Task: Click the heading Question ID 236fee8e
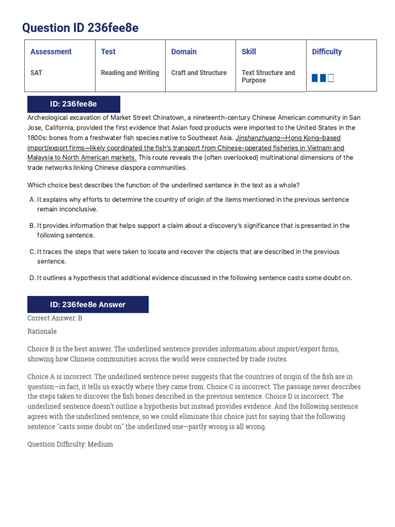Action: click(x=81, y=28)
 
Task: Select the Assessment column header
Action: click(x=51, y=51)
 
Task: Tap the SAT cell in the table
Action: click(x=37, y=73)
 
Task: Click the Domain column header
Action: click(x=184, y=51)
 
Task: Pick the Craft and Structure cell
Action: click(x=199, y=73)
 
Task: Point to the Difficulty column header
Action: click(x=327, y=51)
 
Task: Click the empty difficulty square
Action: click(x=331, y=78)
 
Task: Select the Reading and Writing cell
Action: click(x=130, y=73)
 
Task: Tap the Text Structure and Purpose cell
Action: click(x=268, y=77)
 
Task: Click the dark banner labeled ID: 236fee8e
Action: click(x=73, y=104)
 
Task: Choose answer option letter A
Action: click(x=32, y=200)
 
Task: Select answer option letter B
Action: click(x=32, y=225)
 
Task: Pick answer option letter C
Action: click(x=32, y=252)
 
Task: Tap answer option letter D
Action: click(x=32, y=278)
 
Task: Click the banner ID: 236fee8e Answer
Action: click(x=87, y=305)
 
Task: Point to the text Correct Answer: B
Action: click(x=55, y=318)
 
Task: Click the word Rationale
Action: click(x=42, y=331)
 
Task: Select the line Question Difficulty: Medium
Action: click(x=70, y=444)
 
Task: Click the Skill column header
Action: click(x=248, y=51)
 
